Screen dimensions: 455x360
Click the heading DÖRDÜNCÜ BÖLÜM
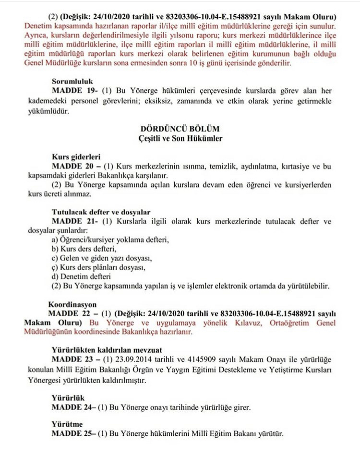180,129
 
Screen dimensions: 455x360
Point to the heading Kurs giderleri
75,157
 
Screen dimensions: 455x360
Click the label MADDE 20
71,166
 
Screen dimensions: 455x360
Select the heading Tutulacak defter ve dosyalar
101,212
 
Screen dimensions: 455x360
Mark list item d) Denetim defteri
81,276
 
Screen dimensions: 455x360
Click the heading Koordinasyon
72,304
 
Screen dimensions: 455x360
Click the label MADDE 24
72,408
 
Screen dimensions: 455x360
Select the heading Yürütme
67,425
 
